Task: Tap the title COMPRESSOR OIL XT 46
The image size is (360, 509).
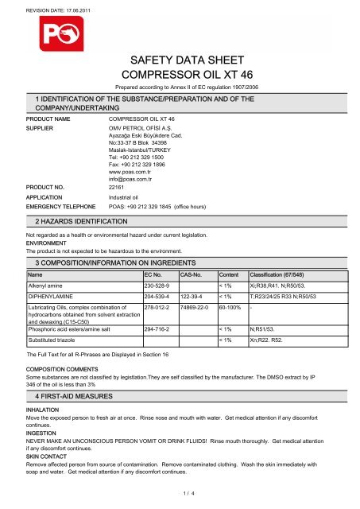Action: pyautogui.click(x=180, y=72)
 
